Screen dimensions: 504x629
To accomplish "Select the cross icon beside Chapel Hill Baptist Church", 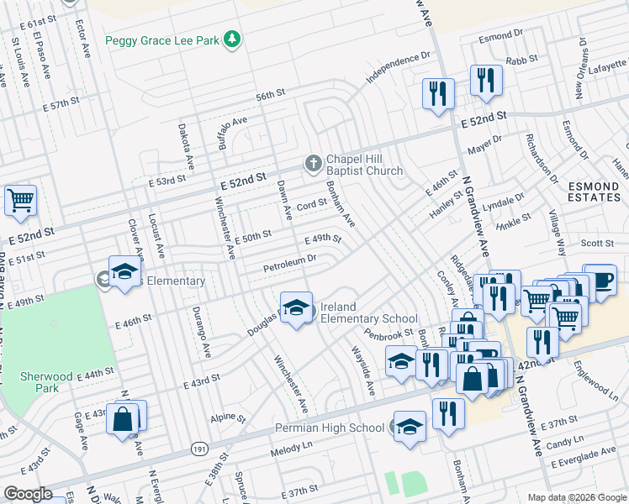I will [312, 163].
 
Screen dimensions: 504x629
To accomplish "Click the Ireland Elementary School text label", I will [368, 312].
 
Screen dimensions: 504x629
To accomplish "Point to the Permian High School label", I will [330, 428].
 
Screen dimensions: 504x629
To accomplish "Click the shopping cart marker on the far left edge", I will [20, 200].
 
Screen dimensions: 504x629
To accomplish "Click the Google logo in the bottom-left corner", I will [28, 494].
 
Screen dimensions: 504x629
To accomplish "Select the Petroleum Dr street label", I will [288, 264].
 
